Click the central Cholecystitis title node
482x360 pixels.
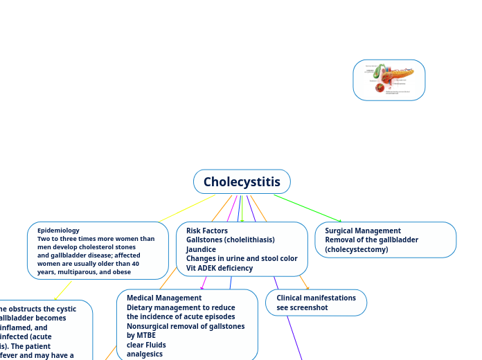pyautogui.click(x=242, y=182)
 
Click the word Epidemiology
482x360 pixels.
pyautogui.click(x=58, y=230)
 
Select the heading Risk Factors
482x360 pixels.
pyautogui.click(x=206, y=231)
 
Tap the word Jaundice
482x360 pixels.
pyautogui.click(x=201, y=249)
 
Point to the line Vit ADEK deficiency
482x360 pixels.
pyautogui.click(x=219, y=268)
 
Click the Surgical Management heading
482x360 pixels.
pyautogui.click(x=362, y=231)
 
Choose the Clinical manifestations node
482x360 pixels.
pyautogui.click(x=316, y=298)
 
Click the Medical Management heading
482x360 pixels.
pyautogui.click(x=163, y=298)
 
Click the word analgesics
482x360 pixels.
pyautogui.click(x=145, y=353)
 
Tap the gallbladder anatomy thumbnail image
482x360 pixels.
pyautogui.click(x=389, y=80)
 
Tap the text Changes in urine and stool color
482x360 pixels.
pyautogui.click(x=241, y=258)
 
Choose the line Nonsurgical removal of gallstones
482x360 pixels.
pyautogui.click(x=181, y=325)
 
